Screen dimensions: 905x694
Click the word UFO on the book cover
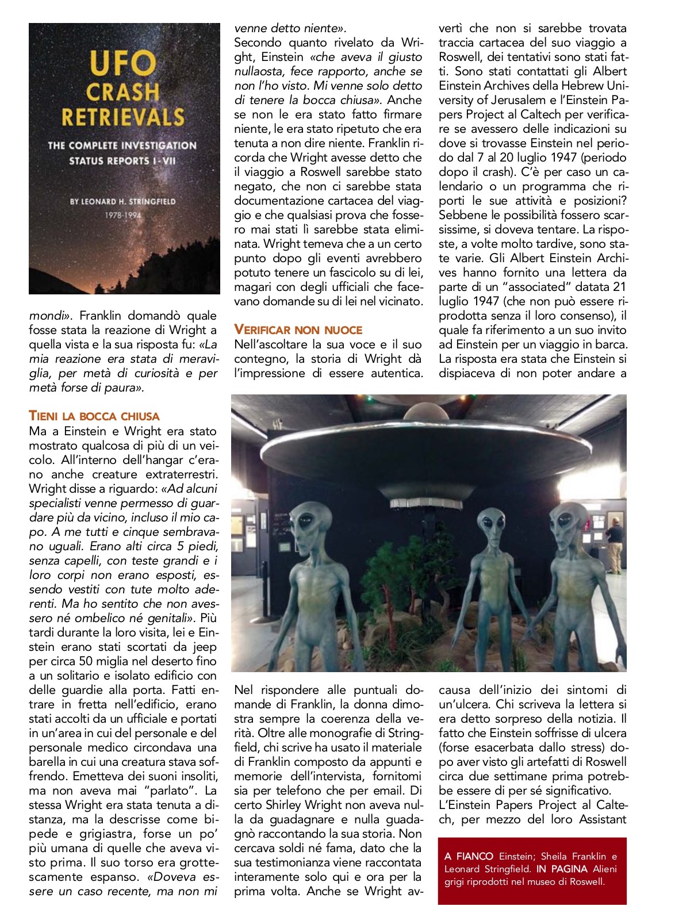[x=123, y=63]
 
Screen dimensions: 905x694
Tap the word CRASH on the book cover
[x=123, y=91]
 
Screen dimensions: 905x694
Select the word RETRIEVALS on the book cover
[x=123, y=117]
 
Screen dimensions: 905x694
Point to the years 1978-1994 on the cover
[x=122, y=216]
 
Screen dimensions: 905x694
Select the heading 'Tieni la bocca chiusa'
[x=94, y=416]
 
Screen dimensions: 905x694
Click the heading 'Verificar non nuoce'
[x=298, y=330]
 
